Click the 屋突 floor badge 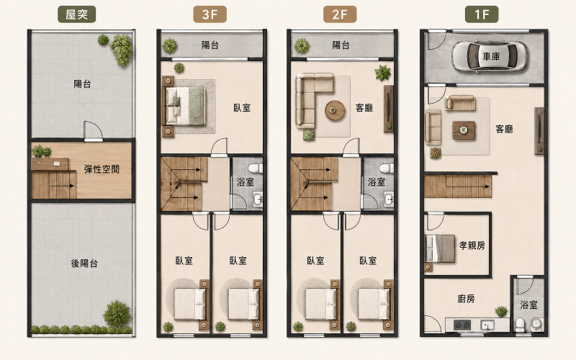coord(77,14)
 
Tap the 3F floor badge coord(210,14)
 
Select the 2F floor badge coord(340,14)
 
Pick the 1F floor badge coord(482,14)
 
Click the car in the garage coord(490,56)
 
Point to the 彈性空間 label coord(102,169)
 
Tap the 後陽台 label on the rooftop coord(84,263)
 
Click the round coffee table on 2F coord(335,110)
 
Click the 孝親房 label coord(472,246)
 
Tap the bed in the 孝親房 coord(440,248)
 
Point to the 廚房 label coord(466,299)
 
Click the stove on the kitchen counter coord(462,325)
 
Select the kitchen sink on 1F coord(487,325)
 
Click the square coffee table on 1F coord(464,130)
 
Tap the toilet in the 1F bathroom coord(520,325)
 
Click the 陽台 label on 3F coord(210,45)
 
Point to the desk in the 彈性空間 coord(50,164)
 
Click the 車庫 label coord(491,56)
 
